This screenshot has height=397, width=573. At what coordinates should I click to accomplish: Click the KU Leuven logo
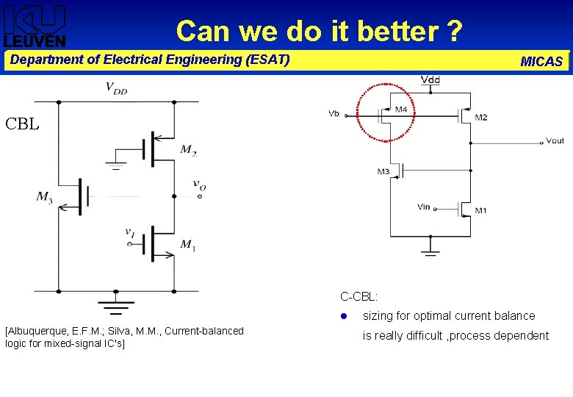pyautogui.click(x=35, y=26)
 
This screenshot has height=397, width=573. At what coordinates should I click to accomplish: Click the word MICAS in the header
pyautogui.click(x=541, y=62)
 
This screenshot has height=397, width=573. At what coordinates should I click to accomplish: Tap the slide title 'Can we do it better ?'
pyautogui.click(x=319, y=31)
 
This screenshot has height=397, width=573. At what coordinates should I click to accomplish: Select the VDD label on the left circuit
pyautogui.click(x=116, y=89)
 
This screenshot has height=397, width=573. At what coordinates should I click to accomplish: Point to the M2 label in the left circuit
pyautogui.click(x=189, y=151)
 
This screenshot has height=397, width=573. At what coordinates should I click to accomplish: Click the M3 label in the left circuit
pyautogui.click(x=45, y=196)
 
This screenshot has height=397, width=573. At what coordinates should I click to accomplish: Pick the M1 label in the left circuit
pyautogui.click(x=188, y=245)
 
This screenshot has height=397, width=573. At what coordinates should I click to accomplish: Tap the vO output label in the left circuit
pyautogui.click(x=199, y=185)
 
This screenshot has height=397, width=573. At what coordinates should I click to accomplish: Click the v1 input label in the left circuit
pyautogui.click(x=130, y=233)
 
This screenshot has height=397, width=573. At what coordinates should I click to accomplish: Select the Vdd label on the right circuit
pyautogui.click(x=430, y=79)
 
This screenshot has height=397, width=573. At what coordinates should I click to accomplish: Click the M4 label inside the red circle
pyautogui.click(x=401, y=110)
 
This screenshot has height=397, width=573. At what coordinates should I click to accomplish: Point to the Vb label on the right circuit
pyautogui.click(x=334, y=113)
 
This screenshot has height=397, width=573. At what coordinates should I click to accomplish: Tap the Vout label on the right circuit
pyautogui.click(x=555, y=140)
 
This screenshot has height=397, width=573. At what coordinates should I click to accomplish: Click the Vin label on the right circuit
pyautogui.click(x=423, y=207)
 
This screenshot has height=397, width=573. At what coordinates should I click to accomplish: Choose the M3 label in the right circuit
pyautogui.click(x=383, y=172)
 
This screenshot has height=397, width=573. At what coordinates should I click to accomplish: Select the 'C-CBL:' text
pyautogui.click(x=358, y=297)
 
